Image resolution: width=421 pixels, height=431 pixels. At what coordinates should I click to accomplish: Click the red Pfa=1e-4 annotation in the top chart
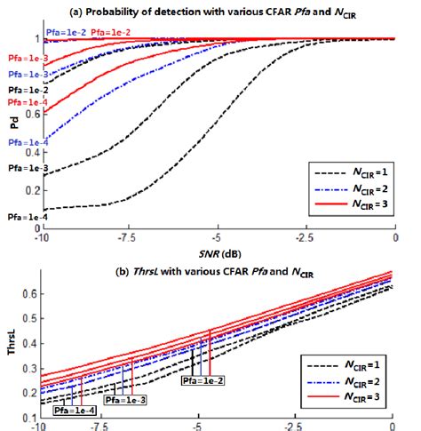pos(23,102)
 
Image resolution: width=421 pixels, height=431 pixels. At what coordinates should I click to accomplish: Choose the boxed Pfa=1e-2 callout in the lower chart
pos(203,380)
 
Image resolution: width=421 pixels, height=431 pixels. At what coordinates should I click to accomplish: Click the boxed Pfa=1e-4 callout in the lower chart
pos(75,411)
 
